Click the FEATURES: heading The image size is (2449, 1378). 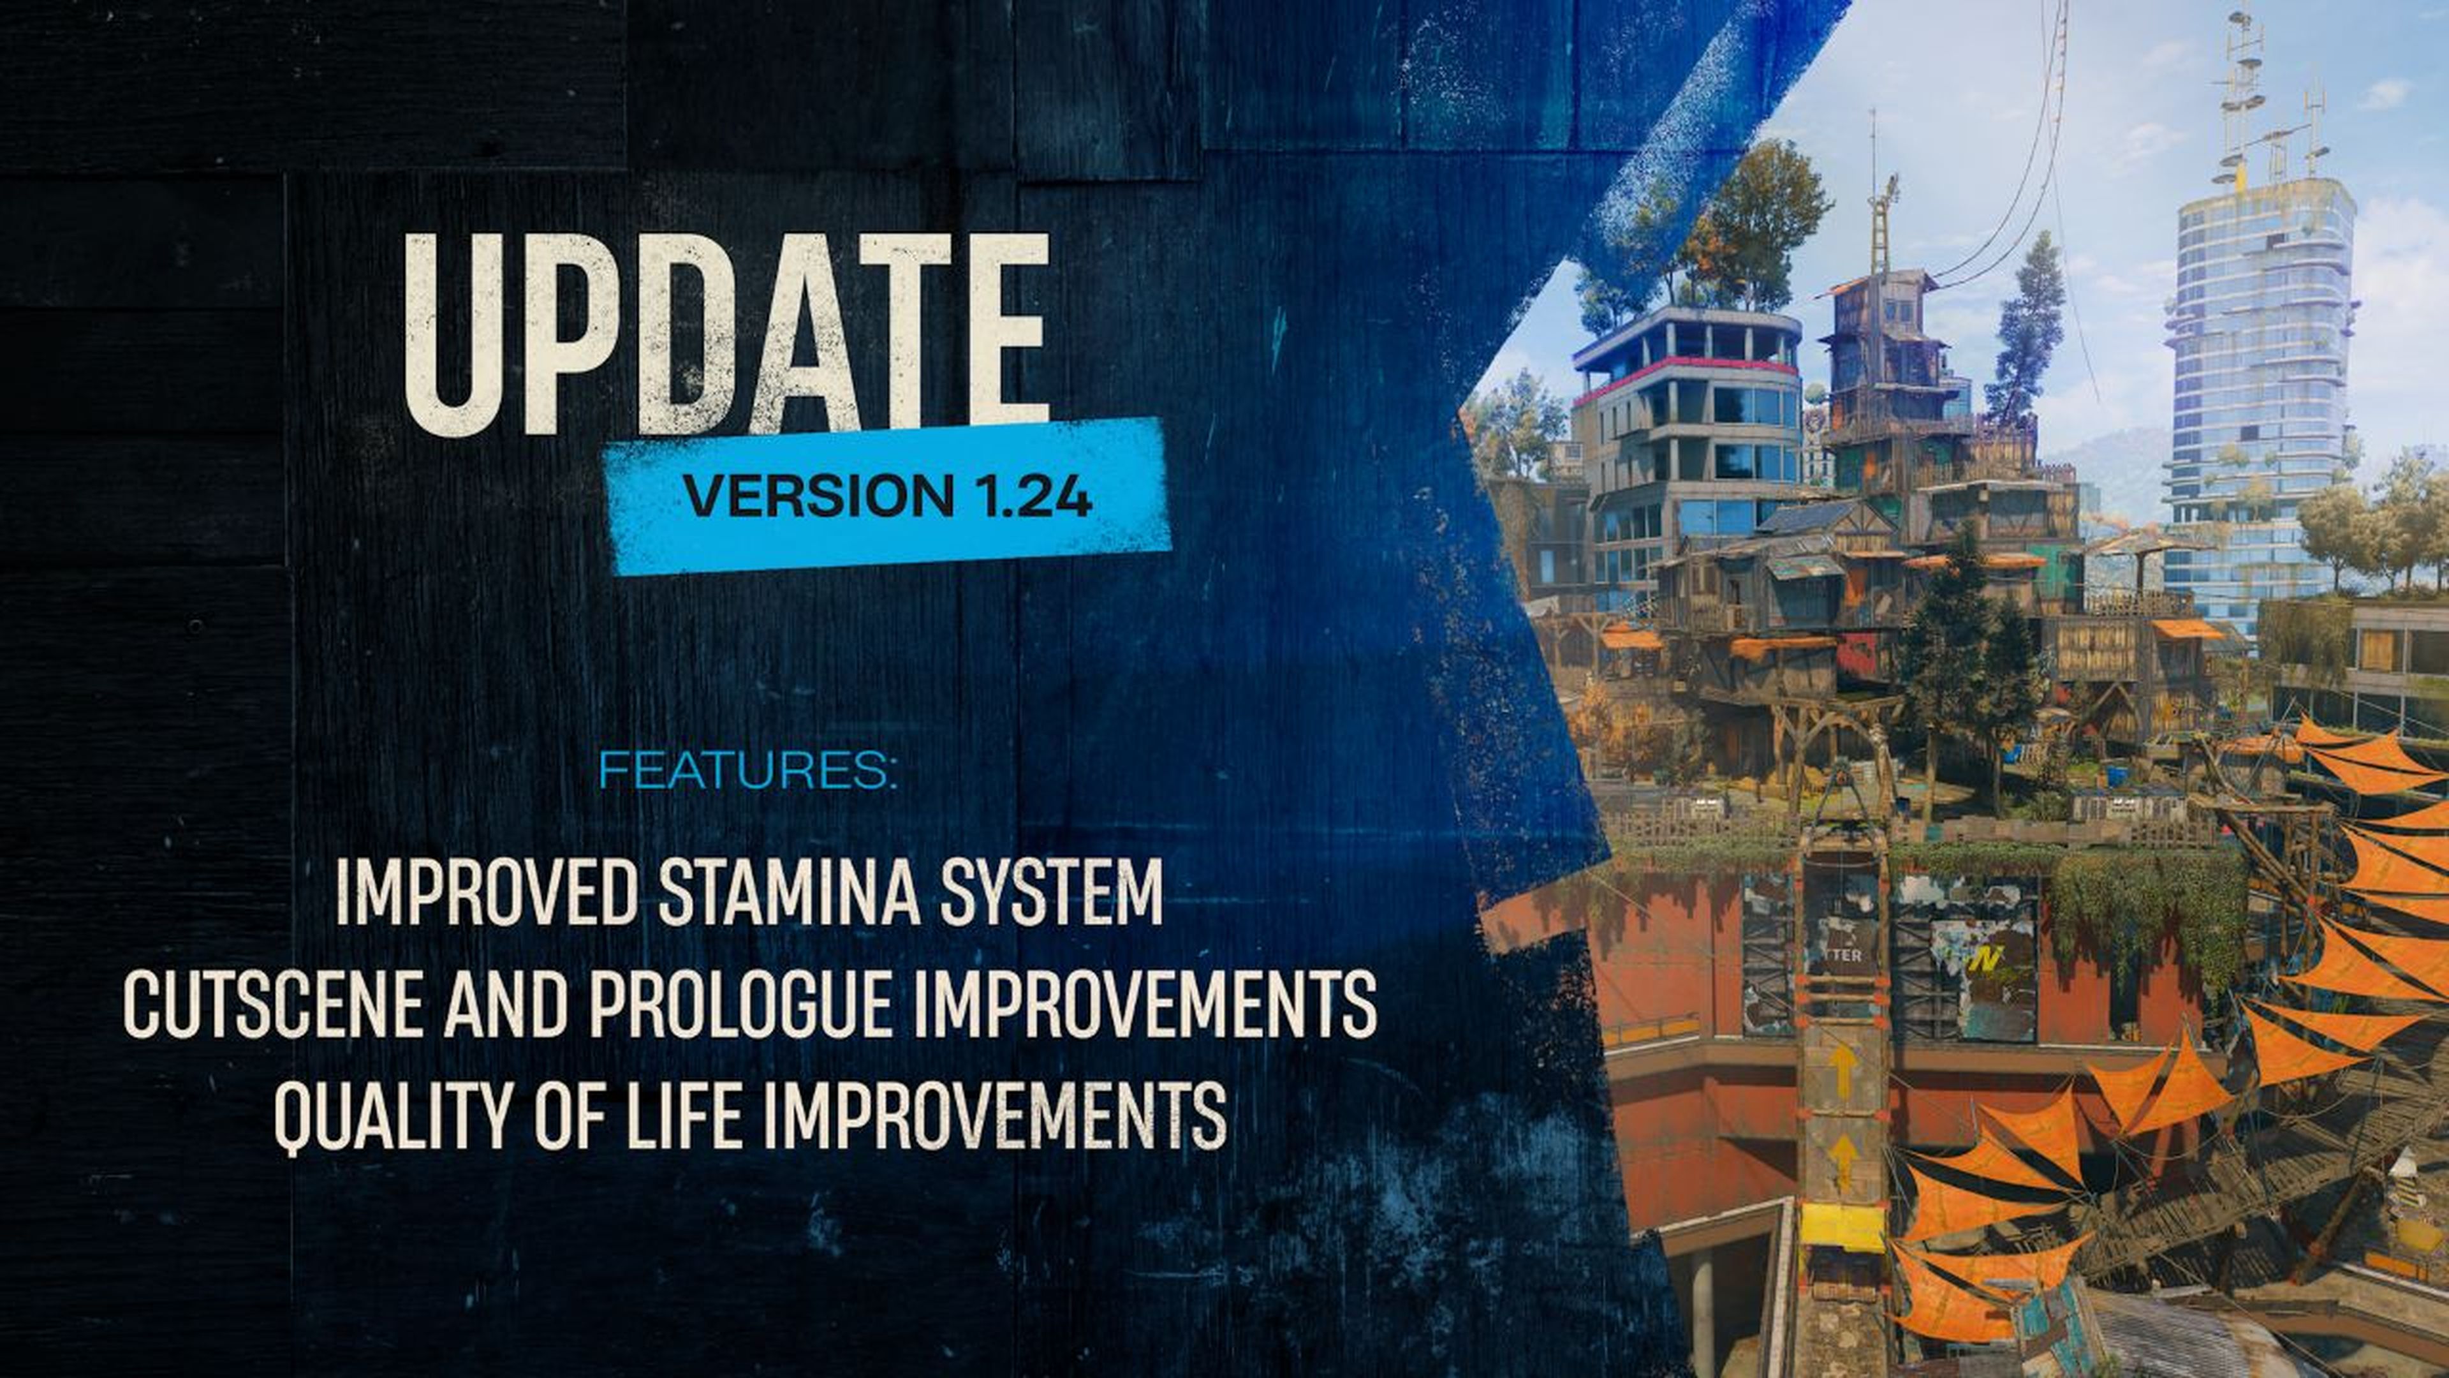coord(748,770)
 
